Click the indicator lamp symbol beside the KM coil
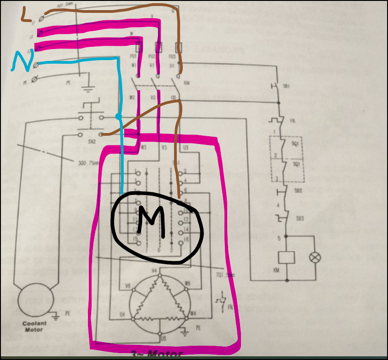pyautogui.click(x=315, y=258)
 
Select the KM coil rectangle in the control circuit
pyautogui.click(x=286, y=258)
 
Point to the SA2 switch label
pyautogui.click(x=92, y=142)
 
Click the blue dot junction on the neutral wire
pyautogui.click(x=119, y=116)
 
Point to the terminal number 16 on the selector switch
pyautogui.click(x=186, y=240)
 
